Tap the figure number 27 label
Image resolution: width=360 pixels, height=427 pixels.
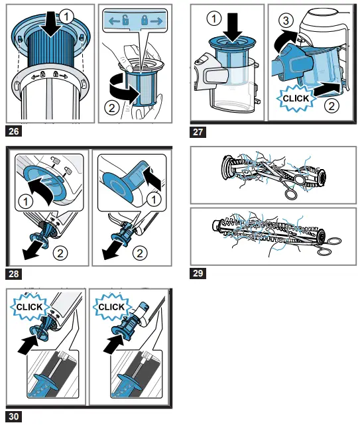pos(198,131)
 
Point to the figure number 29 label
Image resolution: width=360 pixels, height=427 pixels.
pos(198,273)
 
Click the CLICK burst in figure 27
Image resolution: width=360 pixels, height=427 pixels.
pos(296,97)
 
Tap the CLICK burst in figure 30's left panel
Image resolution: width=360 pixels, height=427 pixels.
pos(30,307)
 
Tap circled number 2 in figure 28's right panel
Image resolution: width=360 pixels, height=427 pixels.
pos(139,253)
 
